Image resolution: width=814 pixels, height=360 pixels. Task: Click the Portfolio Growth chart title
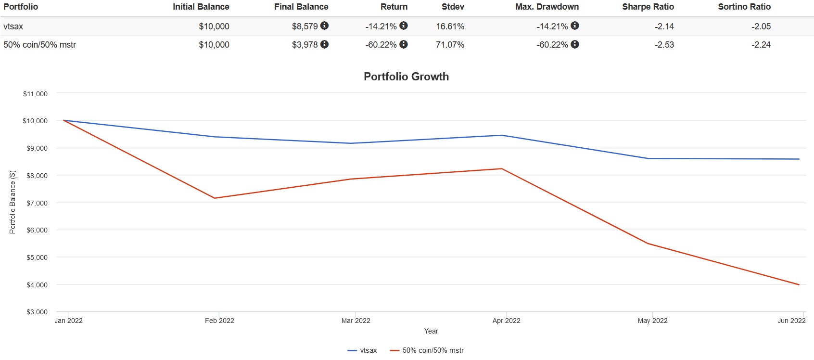click(406, 77)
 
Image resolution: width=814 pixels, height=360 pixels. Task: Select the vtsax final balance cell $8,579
click(305, 26)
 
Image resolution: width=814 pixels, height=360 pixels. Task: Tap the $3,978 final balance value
click(305, 45)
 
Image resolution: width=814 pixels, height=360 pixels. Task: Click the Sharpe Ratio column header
click(648, 7)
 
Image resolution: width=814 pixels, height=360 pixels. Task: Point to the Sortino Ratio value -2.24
click(761, 45)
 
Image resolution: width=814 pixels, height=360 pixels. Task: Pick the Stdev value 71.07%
click(450, 45)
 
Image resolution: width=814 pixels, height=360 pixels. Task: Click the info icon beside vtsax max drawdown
click(575, 26)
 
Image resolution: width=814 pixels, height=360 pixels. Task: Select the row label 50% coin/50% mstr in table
click(39, 45)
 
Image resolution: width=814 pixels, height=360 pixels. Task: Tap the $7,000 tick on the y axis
click(37, 203)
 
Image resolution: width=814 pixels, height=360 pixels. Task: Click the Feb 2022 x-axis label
click(219, 321)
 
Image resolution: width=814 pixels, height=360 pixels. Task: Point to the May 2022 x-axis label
click(652, 321)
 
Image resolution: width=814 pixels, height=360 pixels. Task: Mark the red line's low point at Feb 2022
click(215, 198)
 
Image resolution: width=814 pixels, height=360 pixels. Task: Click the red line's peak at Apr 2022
click(502, 168)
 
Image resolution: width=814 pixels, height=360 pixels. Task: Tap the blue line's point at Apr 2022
click(502, 135)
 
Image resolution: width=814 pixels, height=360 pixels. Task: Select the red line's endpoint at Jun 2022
click(799, 285)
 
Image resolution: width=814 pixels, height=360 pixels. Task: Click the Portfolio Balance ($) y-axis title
click(13, 202)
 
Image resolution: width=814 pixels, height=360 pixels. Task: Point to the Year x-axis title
click(431, 331)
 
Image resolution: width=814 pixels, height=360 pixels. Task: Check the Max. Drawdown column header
click(547, 7)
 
